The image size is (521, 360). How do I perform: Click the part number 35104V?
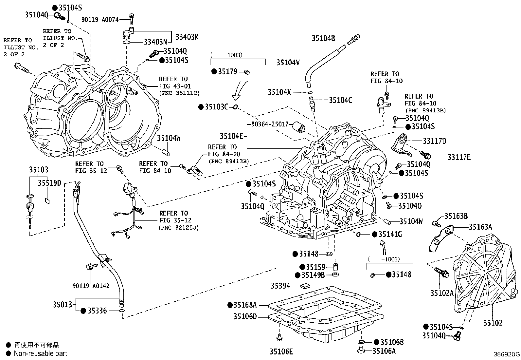pyautogui.click(x=288, y=62)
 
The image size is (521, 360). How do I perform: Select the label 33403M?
pyautogui.click(x=187, y=37)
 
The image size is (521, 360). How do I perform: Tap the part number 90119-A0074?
pyautogui.click(x=100, y=20)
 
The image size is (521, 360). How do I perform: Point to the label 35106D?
pyautogui.click(x=245, y=316)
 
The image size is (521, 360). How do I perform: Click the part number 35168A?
pyautogui.click(x=245, y=305)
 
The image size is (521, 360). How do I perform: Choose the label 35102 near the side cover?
pyautogui.click(x=493, y=323)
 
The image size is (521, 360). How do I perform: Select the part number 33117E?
pyautogui.click(x=459, y=157)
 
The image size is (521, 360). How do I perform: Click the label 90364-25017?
pyautogui.click(x=270, y=124)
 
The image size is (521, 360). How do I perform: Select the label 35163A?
pyautogui.click(x=480, y=227)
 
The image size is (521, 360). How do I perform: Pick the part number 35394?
pyautogui.click(x=280, y=286)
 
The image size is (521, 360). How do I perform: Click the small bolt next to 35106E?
pyautogui.click(x=279, y=337)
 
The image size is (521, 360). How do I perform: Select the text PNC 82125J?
pyautogui.click(x=179, y=227)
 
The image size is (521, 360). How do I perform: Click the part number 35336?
pyautogui.click(x=97, y=311)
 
